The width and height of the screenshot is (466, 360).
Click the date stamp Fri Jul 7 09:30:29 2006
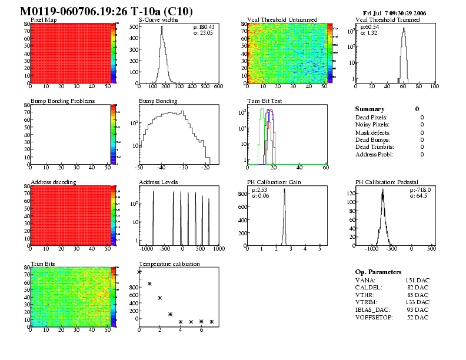click(x=395, y=12)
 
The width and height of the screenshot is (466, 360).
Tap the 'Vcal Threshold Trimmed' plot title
click(x=388, y=20)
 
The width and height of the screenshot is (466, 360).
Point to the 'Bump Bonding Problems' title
click(x=62, y=101)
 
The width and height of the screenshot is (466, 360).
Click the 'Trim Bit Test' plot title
click(x=265, y=101)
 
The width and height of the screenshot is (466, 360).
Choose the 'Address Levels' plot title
click(x=158, y=182)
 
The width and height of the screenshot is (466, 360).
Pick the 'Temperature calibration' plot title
click(x=169, y=264)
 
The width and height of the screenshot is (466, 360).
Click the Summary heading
click(x=370, y=109)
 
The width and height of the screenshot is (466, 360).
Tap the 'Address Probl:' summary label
click(x=374, y=155)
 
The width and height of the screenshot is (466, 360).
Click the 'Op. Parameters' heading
click(x=378, y=272)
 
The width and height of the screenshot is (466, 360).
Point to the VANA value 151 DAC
click(x=417, y=280)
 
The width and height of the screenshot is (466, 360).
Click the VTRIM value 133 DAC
click(x=417, y=302)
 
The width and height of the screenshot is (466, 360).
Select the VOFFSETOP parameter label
click(x=374, y=318)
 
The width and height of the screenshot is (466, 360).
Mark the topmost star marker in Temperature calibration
click(x=139, y=272)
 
